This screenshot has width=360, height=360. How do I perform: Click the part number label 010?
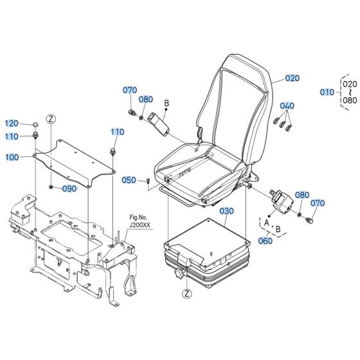point(327,92)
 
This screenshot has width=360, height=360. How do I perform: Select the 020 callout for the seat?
point(292,78)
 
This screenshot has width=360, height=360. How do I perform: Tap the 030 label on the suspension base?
point(226,210)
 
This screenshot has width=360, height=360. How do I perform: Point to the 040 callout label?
point(287,105)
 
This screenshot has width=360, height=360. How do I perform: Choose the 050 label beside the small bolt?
point(129,180)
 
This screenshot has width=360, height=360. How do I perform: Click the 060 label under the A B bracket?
point(265,241)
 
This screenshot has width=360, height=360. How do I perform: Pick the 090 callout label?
point(69,188)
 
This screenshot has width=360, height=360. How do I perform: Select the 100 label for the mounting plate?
point(12,157)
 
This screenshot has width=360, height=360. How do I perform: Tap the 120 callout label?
point(12,123)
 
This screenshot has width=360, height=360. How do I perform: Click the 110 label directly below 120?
point(12,136)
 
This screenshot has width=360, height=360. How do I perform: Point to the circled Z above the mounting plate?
point(52,120)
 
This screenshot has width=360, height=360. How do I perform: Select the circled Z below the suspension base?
point(186,294)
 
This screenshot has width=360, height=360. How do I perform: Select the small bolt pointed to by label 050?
point(148,182)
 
